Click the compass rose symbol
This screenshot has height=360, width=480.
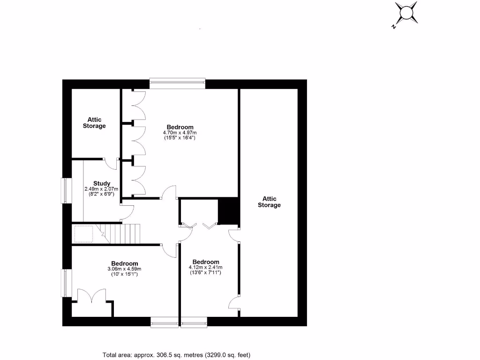[x=406, y=12]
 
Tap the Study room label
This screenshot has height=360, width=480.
[x=102, y=183]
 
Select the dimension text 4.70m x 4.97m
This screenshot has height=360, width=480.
[x=180, y=133]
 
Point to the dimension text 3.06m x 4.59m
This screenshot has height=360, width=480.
[x=124, y=269]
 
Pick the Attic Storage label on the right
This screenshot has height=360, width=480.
[x=269, y=202]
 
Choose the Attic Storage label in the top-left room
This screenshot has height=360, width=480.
[x=94, y=123]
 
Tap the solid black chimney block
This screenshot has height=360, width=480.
[x=229, y=212]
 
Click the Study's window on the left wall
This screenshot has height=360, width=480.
[x=67, y=190]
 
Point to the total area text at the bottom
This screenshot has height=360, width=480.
[x=180, y=355]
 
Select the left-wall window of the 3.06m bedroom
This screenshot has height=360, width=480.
[x=67, y=283]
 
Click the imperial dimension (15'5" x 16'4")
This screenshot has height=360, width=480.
[x=180, y=138]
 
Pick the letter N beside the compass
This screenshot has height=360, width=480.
[x=393, y=26]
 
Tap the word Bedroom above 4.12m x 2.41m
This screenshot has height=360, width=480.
[x=205, y=262]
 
